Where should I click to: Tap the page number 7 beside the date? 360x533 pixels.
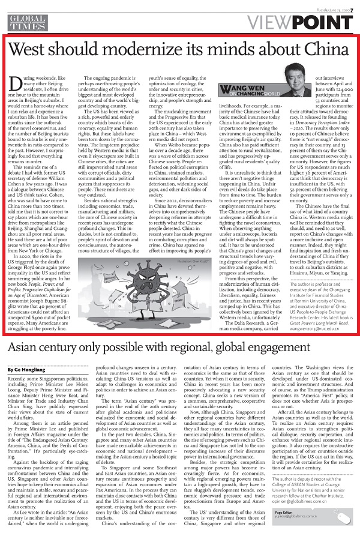pyautogui.click(x=354, y=5)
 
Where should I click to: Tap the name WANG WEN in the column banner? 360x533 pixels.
pyautogui.click(x=248, y=106)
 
